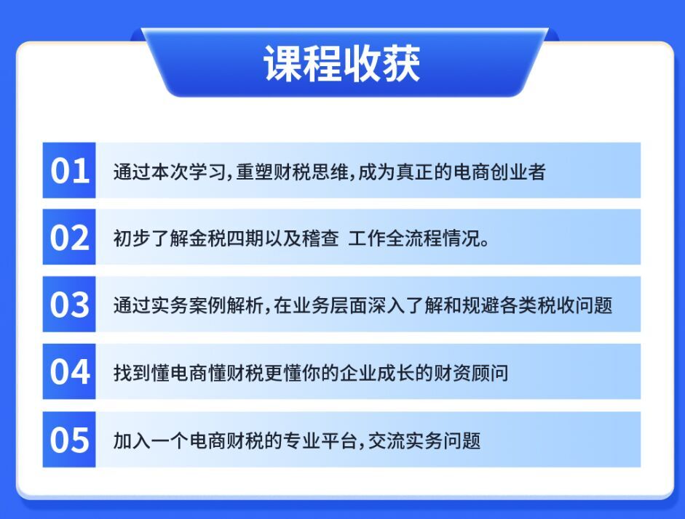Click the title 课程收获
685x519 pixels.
[x=342, y=64]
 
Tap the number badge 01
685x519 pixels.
[x=69, y=170]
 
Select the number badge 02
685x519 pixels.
[x=69, y=237]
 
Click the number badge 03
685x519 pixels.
[x=69, y=304]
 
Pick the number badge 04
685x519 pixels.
[x=69, y=371]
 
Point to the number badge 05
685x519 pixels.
[x=69, y=439]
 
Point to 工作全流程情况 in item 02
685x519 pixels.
[x=414, y=238]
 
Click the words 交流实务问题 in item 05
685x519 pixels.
[x=424, y=440]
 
